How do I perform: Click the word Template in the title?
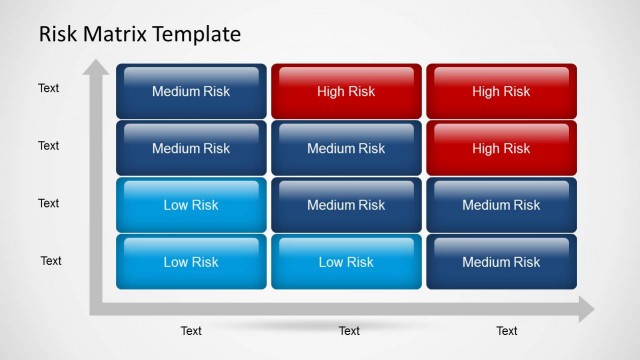[x=197, y=34]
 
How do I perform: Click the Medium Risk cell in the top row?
[x=191, y=92]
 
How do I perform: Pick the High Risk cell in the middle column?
[x=346, y=92]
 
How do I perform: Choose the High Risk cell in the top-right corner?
[x=501, y=92]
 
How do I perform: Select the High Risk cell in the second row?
[x=501, y=149]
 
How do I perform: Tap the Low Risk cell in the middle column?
[x=346, y=262]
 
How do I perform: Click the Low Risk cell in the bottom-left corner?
[x=191, y=262]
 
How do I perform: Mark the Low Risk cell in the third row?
[x=191, y=205]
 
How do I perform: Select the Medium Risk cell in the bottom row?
[x=501, y=262]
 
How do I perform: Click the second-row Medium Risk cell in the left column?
[x=191, y=149]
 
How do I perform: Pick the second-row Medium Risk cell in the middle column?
[x=346, y=149]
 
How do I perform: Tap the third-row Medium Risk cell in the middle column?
[x=346, y=205]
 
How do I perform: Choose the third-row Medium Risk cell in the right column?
[x=501, y=205]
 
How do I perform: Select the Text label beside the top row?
[x=49, y=88]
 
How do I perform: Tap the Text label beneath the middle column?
[x=349, y=331]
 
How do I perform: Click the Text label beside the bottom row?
[x=51, y=261]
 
